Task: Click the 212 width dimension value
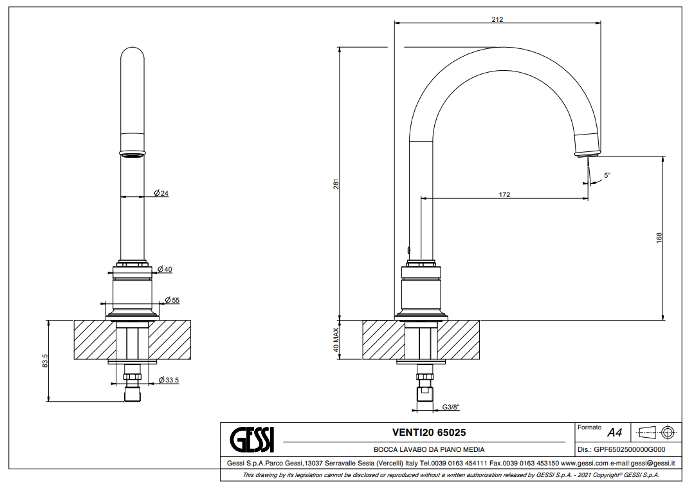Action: (497, 19)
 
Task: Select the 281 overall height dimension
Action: (336, 184)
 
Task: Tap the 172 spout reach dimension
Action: (504, 194)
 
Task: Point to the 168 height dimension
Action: (659, 238)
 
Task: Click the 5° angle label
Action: (607, 176)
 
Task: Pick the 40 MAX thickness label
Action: (336, 339)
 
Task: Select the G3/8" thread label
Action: (451, 407)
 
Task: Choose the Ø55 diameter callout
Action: (172, 300)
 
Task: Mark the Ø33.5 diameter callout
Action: (169, 380)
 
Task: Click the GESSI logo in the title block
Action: (252, 440)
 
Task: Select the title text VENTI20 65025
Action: (429, 433)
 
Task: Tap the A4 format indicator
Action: (615, 433)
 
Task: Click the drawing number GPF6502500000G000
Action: (621, 450)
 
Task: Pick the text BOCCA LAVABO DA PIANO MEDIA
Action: (429, 449)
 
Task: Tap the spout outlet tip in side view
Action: (589, 155)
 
